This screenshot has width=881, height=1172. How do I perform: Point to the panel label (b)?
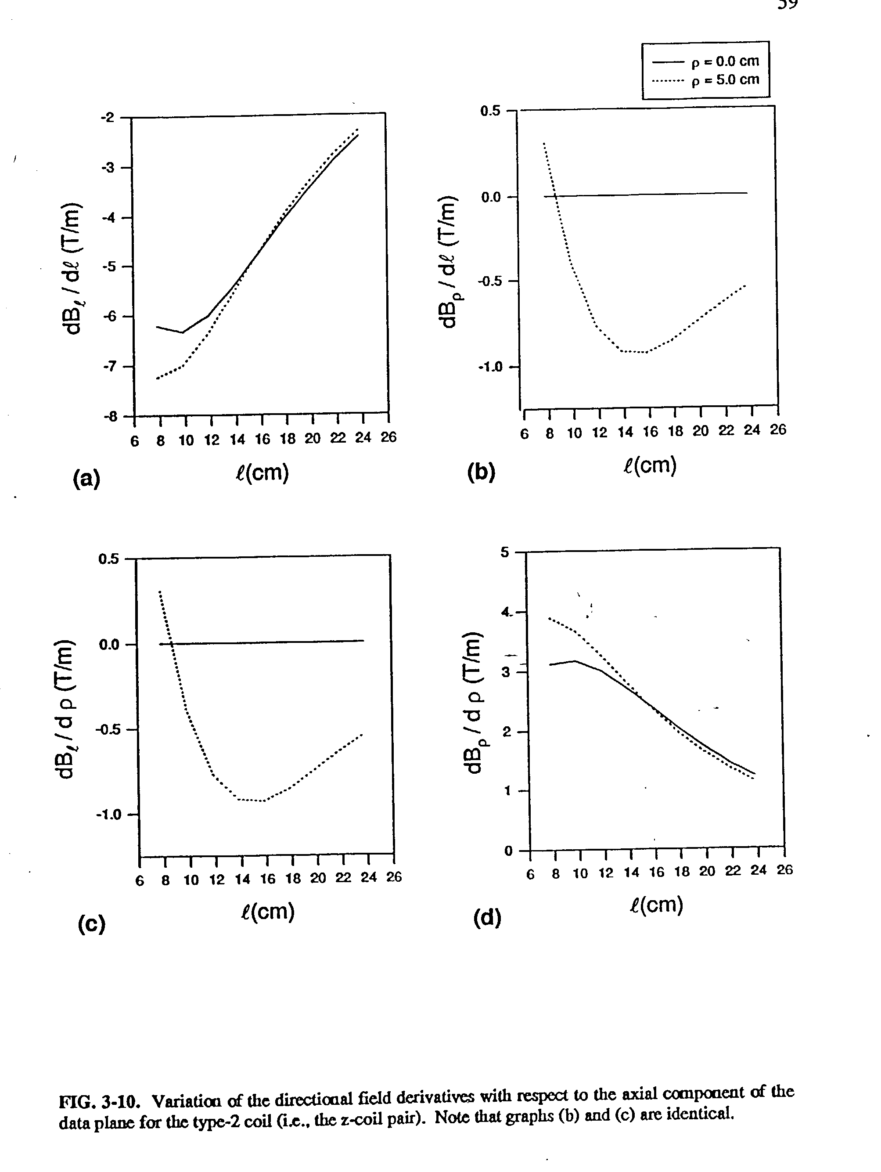pyautogui.click(x=481, y=472)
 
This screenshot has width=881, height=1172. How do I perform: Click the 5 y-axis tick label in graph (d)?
pyautogui.click(x=504, y=552)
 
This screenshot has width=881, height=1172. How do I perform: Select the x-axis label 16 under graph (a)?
pyautogui.click(x=262, y=439)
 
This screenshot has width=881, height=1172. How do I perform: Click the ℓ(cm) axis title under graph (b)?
pyautogui.click(x=650, y=465)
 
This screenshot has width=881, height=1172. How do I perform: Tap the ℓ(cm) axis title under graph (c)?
pyautogui.click(x=267, y=911)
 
